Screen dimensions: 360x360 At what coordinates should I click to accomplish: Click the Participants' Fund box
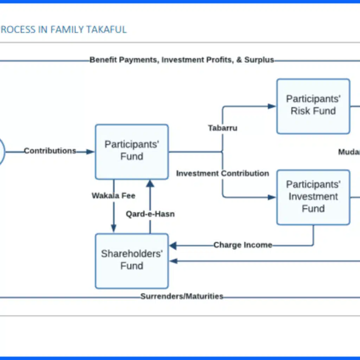click(x=132, y=152)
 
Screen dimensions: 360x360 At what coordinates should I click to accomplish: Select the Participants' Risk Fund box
click(x=313, y=106)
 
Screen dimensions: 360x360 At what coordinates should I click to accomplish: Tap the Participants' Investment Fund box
click(x=313, y=197)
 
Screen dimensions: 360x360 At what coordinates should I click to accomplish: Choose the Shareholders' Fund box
click(x=132, y=261)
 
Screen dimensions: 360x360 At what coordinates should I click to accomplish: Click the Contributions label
click(x=50, y=151)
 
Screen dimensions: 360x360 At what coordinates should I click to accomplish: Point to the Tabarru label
click(x=223, y=128)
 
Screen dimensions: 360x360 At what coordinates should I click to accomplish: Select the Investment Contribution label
click(x=223, y=173)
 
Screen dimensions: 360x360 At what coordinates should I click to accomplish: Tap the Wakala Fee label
click(x=114, y=195)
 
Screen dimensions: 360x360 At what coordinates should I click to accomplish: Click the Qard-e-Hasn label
click(x=150, y=214)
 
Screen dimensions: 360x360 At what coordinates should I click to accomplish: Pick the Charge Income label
click(x=243, y=245)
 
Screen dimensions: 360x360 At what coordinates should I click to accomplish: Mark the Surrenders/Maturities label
click(x=182, y=296)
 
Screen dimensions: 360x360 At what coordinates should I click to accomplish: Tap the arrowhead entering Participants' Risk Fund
click(x=272, y=106)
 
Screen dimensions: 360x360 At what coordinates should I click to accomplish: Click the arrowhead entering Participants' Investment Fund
click(x=272, y=197)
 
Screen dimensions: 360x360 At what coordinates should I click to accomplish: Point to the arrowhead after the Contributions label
click(x=90, y=152)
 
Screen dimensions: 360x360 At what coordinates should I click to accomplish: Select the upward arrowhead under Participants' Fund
click(x=150, y=183)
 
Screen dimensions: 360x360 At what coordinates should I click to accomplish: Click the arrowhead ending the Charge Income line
click(x=173, y=245)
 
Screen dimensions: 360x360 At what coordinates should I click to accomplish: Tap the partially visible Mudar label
click(x=349, y=152)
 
